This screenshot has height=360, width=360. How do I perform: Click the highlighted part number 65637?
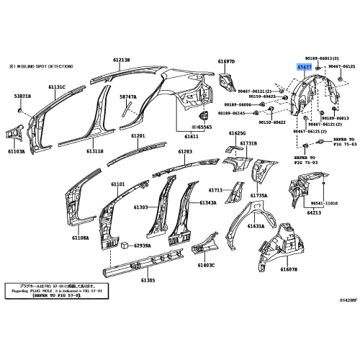(305, 66)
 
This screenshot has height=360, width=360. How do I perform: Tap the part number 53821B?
(22, 96)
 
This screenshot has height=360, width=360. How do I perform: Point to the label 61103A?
(17, 152)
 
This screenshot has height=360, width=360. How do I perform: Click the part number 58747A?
(128, 96)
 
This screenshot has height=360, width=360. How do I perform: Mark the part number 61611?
(192, 136)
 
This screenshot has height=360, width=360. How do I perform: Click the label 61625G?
(238, 133)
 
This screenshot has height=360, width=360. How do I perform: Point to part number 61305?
(148, 280)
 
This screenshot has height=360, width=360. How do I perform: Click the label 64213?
(314, 212)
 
